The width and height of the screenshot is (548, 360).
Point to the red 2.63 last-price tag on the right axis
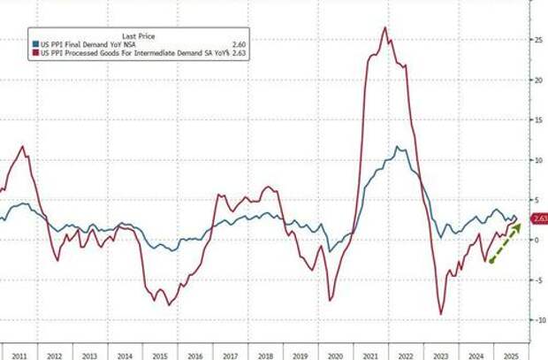coord(538,219)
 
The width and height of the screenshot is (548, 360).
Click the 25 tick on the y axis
coord(536,40)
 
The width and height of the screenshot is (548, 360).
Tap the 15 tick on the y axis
coord(536,120)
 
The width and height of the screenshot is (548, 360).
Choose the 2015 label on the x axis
coord(161,353)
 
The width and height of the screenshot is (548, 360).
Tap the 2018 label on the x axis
coord(266,353)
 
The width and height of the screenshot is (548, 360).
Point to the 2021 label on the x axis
coord(371,353)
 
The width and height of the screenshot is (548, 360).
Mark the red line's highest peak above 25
coord(384,28)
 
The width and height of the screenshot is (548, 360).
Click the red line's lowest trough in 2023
coord(441,313)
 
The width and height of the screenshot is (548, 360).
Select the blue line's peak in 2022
coord(398,148)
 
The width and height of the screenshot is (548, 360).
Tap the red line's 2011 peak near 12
coord(22,147)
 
